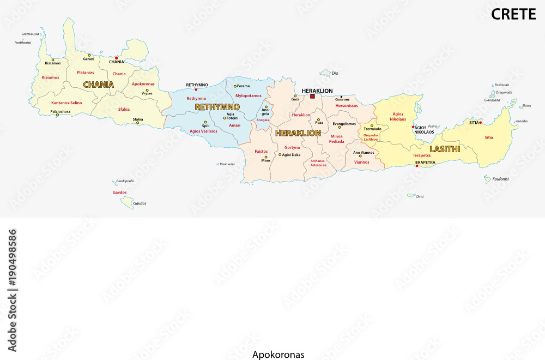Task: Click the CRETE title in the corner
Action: pos(513,14)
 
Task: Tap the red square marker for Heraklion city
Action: pos(312,97)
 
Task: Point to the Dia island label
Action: pos(335,73)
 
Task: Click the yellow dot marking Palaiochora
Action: pos(57,115)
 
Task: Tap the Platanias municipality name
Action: pos(86,72)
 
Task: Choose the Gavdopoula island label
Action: pos(125,181)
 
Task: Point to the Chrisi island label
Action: pos(419,196)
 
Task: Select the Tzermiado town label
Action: pos(372,129)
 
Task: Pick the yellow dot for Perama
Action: pos(235,86)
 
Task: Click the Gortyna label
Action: pos(292,147)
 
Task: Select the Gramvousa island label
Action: pos(30,33)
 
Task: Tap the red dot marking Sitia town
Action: pos(480,122)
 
